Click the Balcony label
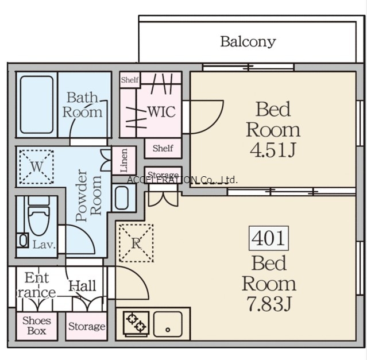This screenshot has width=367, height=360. [x=248, y=42]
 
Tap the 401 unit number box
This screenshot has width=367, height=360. [x=268, y=238]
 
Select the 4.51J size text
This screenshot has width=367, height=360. [x=273, y=149]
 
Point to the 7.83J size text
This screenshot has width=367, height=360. [x=269, y=303]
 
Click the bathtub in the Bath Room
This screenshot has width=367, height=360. [x=37, y=104]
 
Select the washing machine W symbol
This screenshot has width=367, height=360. [x=37, y=167]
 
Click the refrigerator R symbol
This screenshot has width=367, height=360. [x=136, y=243]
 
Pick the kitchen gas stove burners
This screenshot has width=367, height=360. [x=136, y=323]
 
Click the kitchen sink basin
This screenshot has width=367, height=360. [x=168, y=324]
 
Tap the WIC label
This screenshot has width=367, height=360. [x=161, y=111]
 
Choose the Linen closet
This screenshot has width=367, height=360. [x=124, y=160]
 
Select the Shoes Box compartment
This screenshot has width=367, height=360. [x=37, y=326]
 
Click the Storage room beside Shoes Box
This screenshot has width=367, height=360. [x=86, y=326]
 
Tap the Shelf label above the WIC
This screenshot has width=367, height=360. [x=129, y=80]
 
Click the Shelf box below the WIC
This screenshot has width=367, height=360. [x=163, y=148]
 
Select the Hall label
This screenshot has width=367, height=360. [x=82, y=286]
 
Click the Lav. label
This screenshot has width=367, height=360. [x=44, y=245]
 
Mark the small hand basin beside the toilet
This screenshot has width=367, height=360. [x=23, y=241]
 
